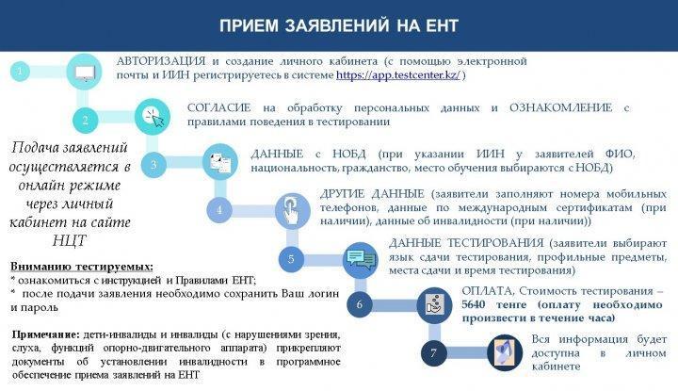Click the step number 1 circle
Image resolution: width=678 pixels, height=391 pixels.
click(20, 72)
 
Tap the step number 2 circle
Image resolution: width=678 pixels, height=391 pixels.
click(85, 121)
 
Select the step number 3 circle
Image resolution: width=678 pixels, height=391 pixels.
click(153, 165)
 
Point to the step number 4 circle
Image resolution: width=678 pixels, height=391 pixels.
click(219, 210)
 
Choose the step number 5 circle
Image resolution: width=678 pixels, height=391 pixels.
click(291, 259)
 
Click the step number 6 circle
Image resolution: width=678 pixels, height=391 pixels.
click(360, 304)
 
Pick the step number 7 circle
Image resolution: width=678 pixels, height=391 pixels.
click(434, 353)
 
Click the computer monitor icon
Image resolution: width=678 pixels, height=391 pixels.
click(85, 72)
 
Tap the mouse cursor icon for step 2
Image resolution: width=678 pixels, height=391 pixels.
click(153, 117)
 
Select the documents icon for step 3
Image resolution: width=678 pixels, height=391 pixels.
click(220, 162)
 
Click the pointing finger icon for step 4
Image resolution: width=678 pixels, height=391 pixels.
click(292, 211)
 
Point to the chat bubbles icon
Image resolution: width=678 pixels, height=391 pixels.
click(360, 259)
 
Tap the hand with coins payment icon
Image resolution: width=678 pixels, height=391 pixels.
click(434, 305)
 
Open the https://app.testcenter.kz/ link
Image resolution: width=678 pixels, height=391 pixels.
click(398, 75)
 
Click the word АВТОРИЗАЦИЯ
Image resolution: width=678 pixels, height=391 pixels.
click(161, 61)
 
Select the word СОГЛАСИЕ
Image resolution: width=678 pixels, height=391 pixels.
click(218, 107)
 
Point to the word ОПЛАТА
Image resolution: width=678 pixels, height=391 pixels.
click(488, 290)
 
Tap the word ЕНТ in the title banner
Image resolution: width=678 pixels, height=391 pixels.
click(442, 25)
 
